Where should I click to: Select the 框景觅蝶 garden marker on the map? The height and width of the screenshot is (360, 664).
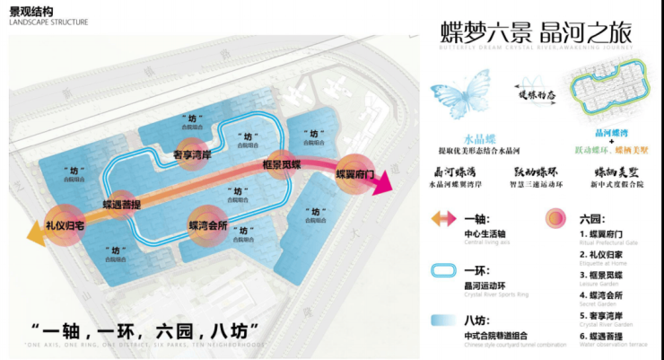point(280,166)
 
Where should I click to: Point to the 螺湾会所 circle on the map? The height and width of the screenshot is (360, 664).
point(207,224)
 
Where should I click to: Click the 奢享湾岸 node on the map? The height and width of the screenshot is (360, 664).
point(191,154)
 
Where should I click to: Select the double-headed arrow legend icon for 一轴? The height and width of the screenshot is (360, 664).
point(447,220)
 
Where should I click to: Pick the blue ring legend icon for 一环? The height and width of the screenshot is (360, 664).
point(447,270)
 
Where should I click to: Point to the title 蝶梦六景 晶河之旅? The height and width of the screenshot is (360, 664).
point(536,31)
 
